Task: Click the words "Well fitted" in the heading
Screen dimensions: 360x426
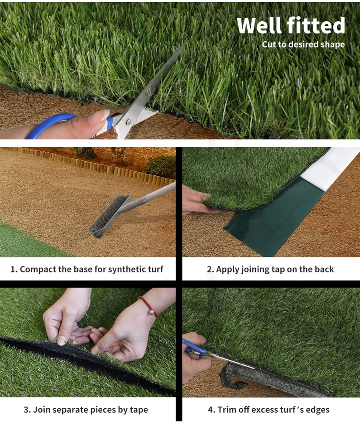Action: coord(291,25)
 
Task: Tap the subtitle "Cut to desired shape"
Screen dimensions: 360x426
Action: coord(303,44)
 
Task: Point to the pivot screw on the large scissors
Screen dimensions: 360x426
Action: coord(128,122)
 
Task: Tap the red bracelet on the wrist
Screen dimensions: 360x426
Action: coord(149,306)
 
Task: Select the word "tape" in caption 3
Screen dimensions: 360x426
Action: coord(139,410)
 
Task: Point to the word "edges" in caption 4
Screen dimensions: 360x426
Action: coord(317,410)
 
